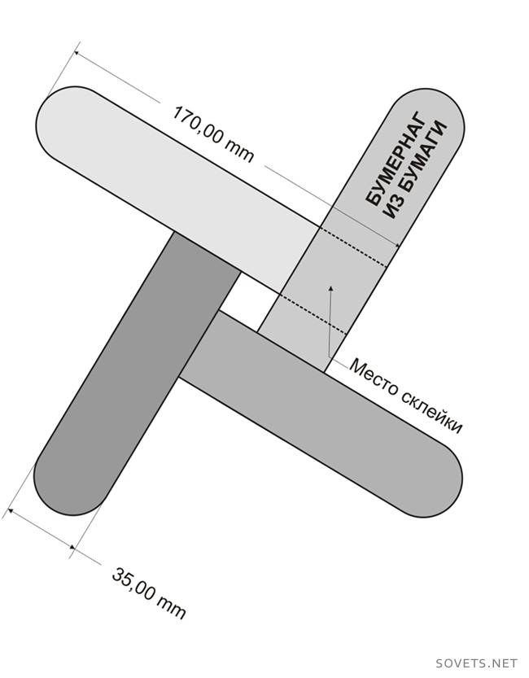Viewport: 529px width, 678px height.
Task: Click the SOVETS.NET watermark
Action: (x=477, y=662)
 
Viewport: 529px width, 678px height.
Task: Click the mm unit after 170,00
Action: (x=240, y=151)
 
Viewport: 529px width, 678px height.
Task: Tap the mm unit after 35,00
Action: (x=173, y=608)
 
